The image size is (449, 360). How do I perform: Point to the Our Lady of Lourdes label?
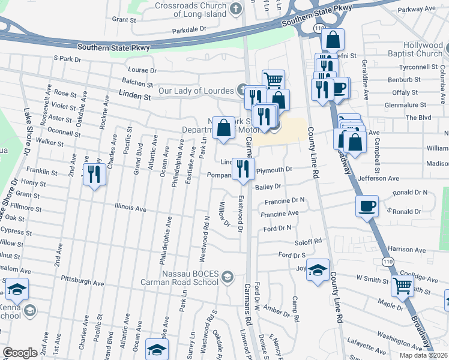[x=196, y=92]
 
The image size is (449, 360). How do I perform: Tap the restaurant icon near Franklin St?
[x=94, y=174]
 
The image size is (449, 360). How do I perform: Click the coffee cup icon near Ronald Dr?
[x=366, y=206]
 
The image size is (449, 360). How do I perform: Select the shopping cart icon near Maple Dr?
[x=402, y=287]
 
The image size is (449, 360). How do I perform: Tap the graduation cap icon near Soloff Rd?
[x=318, y=270]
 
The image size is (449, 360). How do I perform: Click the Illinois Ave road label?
[x=131, y=208]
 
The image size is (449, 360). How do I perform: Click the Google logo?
[x=20, y=352]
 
